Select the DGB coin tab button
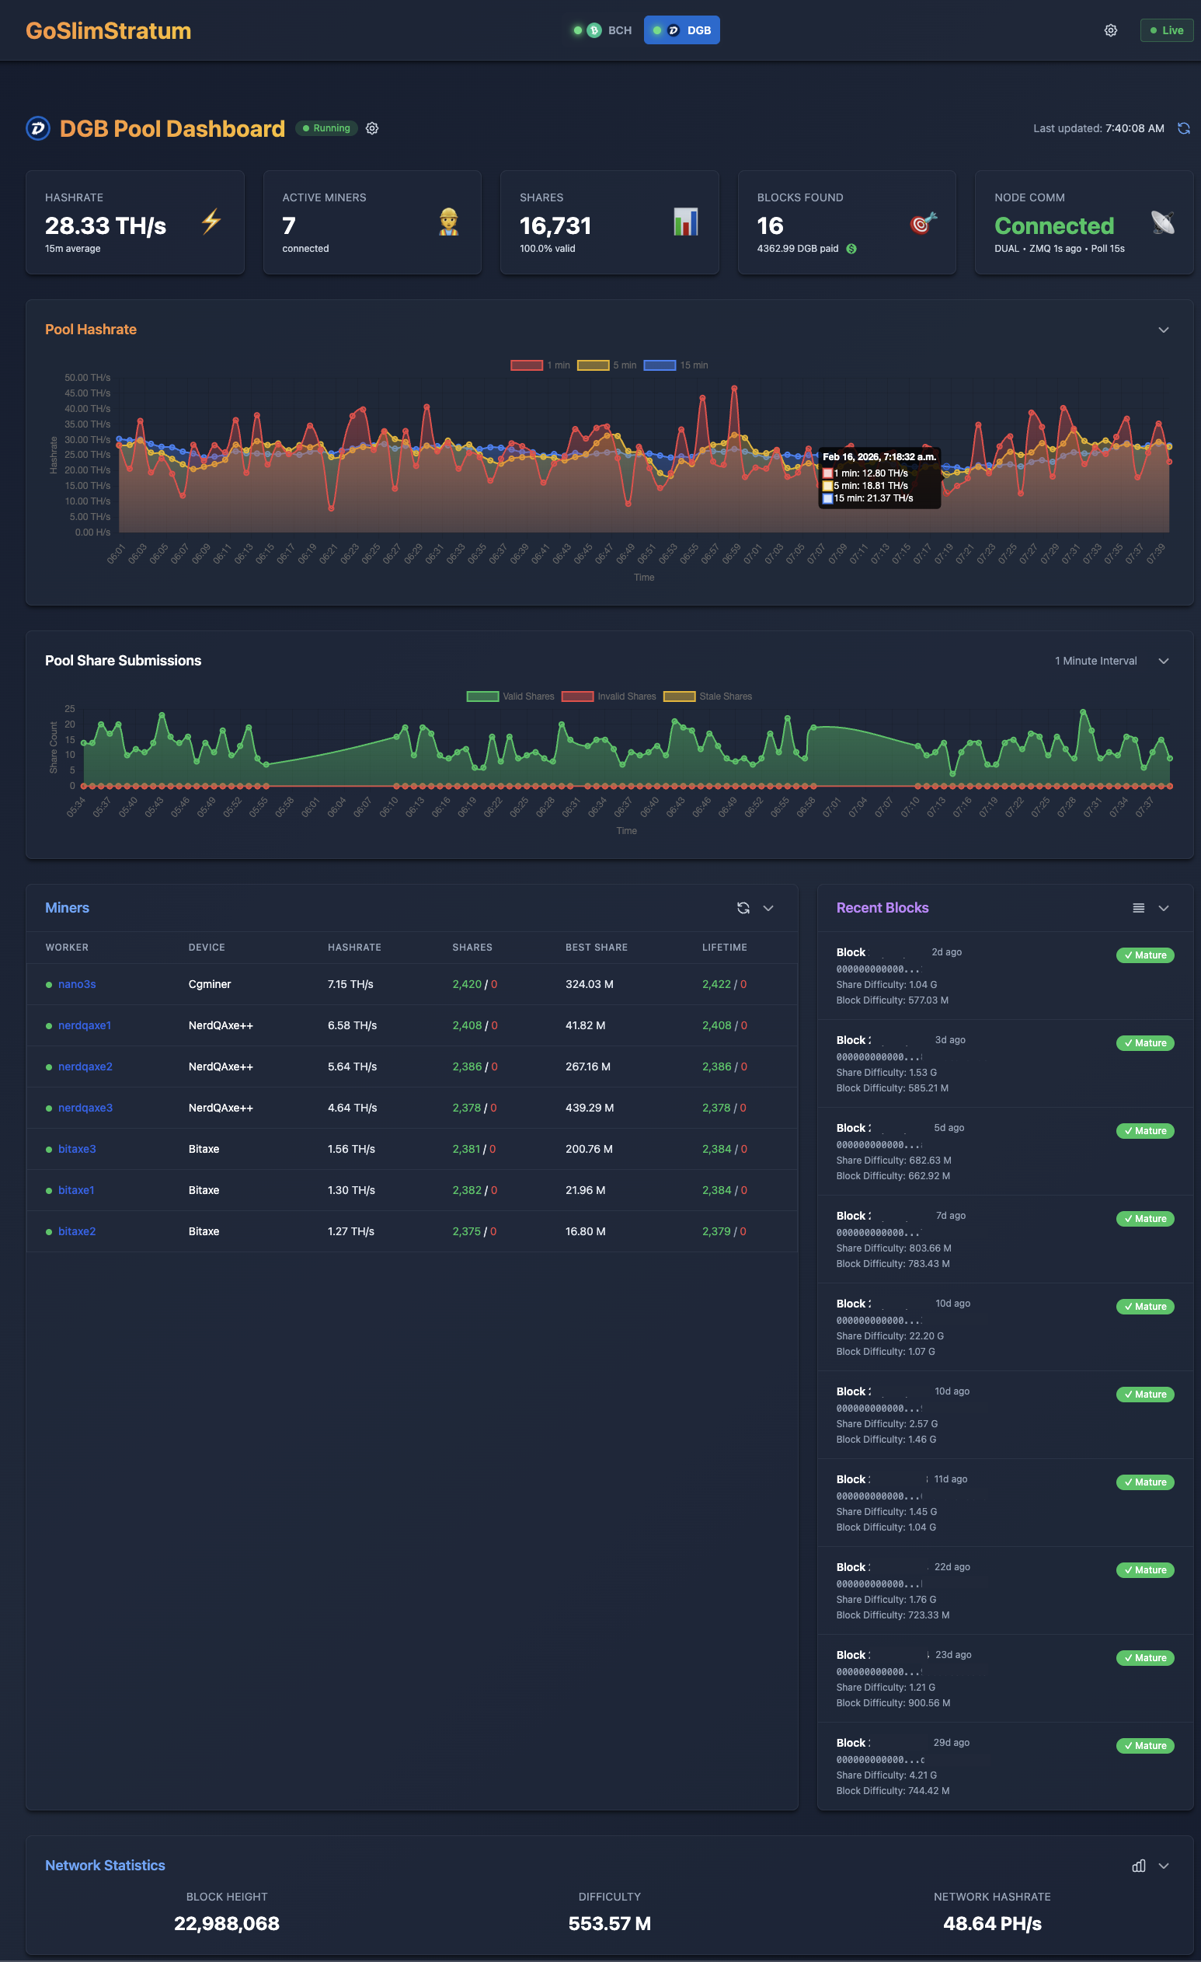tap(682, 30)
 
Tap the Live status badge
tap(1166, 30)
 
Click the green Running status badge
tap(326, 128)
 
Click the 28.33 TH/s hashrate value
tap(106, 226)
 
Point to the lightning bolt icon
tap(211, 222)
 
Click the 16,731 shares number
tap(555, 226)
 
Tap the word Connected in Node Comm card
tap(1053, 226)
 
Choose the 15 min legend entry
tap(676, 365)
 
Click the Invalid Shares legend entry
tap(609, 696)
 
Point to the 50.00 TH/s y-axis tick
tap(88, 378)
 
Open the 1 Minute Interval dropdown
tap(1111, 661)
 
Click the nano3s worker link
tap(76, 984)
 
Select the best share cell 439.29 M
tap(589, 1108)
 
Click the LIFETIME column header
tap(724, 948)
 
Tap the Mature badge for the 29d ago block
tap(1144, 1746)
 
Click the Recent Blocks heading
tap(882, 908)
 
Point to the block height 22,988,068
tap(227, 1924)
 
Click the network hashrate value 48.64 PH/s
tap(992, 1924)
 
